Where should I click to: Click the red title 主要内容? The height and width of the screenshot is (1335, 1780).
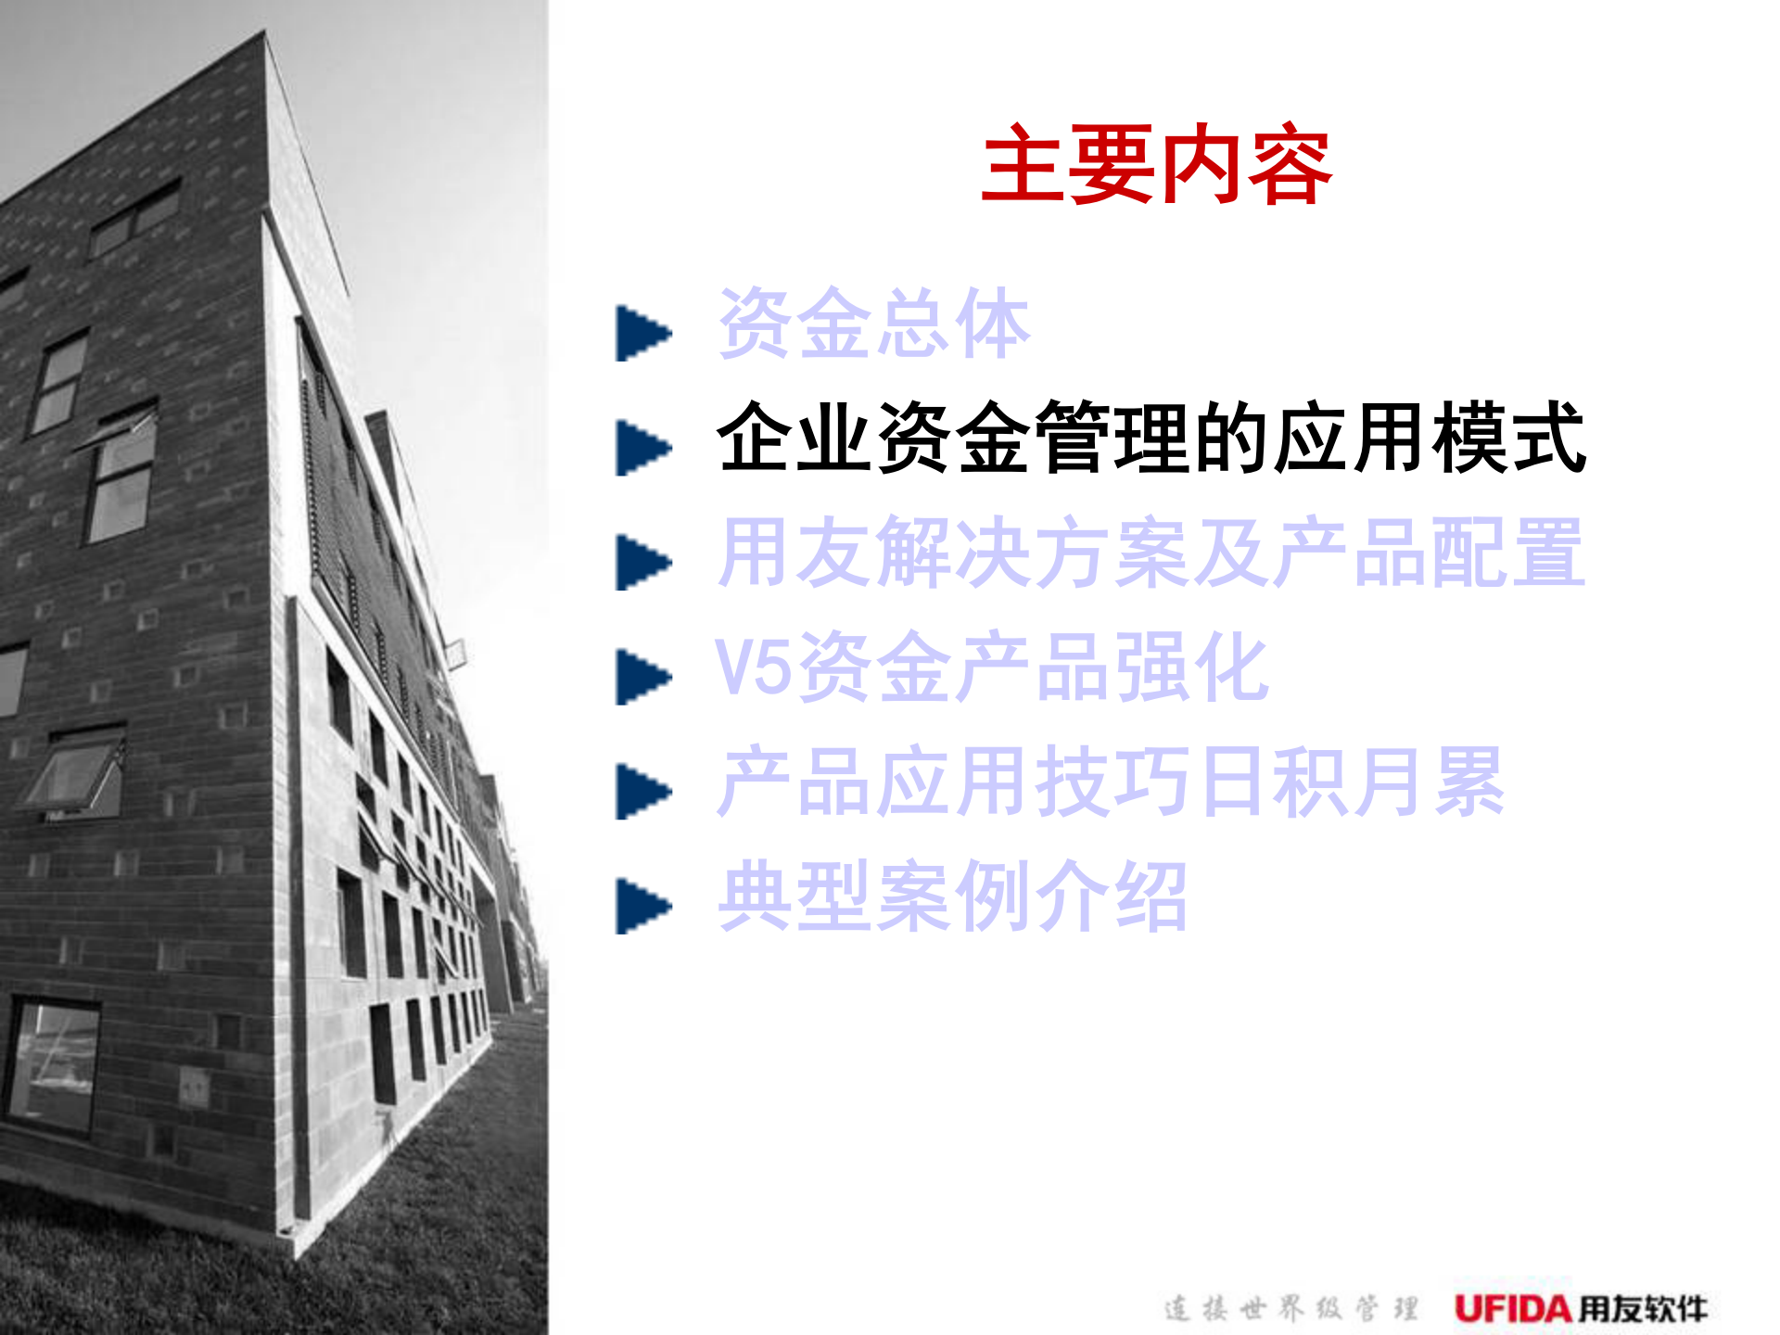pyautogui.click(x=1156, y=166)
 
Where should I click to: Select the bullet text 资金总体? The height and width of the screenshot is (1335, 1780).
pyautogui.click(x=873, y=324)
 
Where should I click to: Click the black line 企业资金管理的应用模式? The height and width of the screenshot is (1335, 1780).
pyautogui.click(x=1151, y=438)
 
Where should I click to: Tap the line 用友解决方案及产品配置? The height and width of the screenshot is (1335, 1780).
pyautogui.click(x=1151, y=553)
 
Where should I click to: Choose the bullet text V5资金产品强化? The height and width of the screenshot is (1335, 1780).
pyautogui.click(x=990, y=667)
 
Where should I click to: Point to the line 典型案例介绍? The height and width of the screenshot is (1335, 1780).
pyautogui.click(x=952, y=896)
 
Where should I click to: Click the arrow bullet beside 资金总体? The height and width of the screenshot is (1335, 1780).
pyautogui.click(x=642, y=333)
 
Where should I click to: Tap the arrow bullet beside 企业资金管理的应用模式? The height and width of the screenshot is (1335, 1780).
pyautogui.click(x=642, y=448)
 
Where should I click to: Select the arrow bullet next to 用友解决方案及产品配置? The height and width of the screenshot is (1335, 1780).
pyautogui.click(x=642, y=563)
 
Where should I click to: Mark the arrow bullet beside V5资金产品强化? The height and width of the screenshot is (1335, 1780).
pyautogui.click(x=642, y=677)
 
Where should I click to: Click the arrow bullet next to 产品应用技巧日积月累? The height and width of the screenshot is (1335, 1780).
pyautogui.click(x=642, y=792)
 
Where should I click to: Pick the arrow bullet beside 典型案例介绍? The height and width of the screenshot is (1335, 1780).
pyautogui.click(x=642, y=906)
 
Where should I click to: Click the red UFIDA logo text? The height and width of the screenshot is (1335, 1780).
pyautogui.click(x=1512, y=1309)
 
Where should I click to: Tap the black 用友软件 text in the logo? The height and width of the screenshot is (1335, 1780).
pyautogui.click(x=1642, y=1309)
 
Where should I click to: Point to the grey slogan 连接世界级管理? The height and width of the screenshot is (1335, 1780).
pyautogui.click(x=1290, y=1309)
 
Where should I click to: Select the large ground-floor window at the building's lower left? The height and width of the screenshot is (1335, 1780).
pyautogui.click(x=53, y=1066)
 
